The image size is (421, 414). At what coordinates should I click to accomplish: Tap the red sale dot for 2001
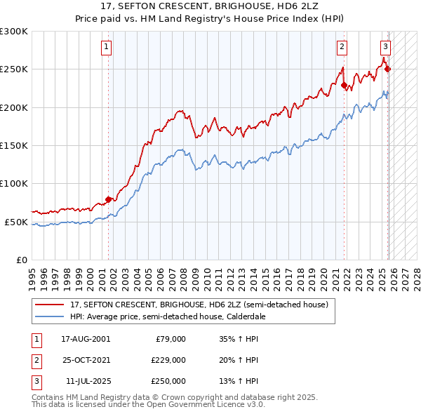pos(108,199)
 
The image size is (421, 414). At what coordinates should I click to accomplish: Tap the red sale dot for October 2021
pos(345,86)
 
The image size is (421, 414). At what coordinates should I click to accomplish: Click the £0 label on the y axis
pos(21,260)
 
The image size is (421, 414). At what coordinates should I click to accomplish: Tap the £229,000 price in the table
pos(168,360)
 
